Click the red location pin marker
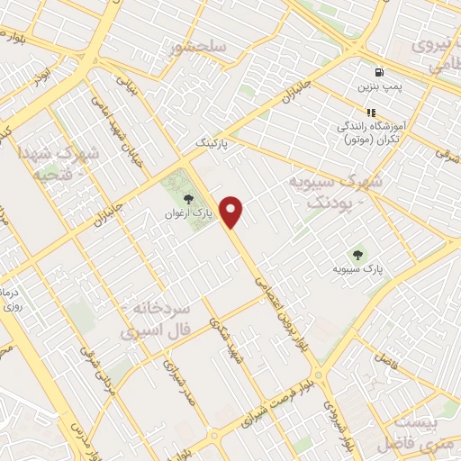232,212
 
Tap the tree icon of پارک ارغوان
186,199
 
